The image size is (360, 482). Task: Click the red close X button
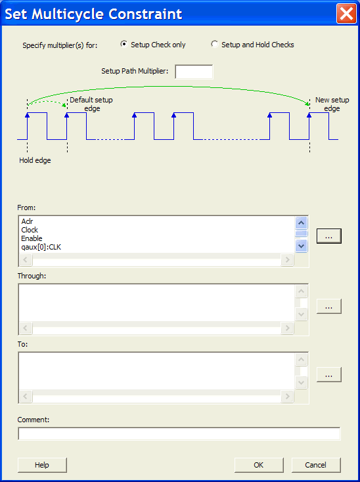click(346, 14)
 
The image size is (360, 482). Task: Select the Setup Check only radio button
click(124, 44)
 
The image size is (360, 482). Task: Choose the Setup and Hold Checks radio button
click(214, 44)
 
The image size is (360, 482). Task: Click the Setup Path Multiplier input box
click(194, 72)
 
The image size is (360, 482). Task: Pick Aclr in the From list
click(27, 221)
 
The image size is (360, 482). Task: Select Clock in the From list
click(30, 230)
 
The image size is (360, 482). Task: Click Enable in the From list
click(32, 238)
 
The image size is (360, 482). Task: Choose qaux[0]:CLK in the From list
click(41, 247)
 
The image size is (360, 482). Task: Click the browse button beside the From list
click(329, 236)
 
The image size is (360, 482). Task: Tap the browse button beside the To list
click(329, 374)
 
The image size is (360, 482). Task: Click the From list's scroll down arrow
click(302, 246)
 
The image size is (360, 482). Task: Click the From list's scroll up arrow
click(302, 223)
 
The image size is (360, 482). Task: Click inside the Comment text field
click(179, 434)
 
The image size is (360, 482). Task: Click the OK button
click(259, 465)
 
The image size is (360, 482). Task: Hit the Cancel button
click(316, 465)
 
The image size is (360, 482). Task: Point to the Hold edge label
click(35, 160)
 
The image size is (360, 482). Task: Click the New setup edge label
click(332, 104)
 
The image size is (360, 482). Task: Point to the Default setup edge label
click(91, 104)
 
